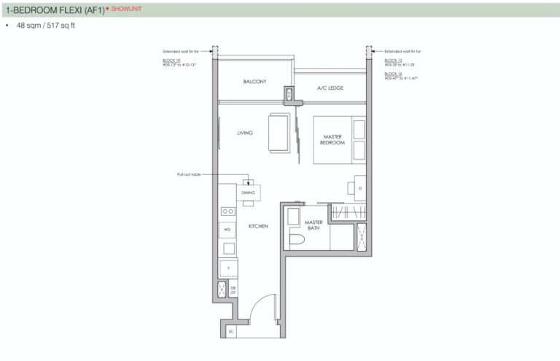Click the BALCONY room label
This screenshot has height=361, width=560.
click(x=253, y=82)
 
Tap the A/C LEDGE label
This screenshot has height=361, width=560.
click(x=330, y=88)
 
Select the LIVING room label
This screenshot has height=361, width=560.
click(x=244, y=133)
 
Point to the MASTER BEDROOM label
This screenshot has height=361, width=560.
click(x=332, y=139)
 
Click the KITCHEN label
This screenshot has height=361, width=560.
click(x=258, y=226)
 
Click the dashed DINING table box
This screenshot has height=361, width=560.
click(x=249, y=192)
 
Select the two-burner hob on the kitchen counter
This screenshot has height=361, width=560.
click(x=227, y=211)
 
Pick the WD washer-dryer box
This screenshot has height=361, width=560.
click(x=227, y=230)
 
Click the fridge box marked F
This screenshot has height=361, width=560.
click(x=227, y=268)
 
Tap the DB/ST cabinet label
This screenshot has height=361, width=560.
click(x=233, y=291)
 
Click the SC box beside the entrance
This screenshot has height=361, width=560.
click(x=230, y=331)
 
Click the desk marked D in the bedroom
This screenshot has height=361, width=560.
click(x=359, y=187)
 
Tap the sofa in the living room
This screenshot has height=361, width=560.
click(x=279, y=133)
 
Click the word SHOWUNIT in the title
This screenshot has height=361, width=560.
click(x=128, y=9)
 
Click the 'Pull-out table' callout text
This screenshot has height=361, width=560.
click(x=188, y=175)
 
